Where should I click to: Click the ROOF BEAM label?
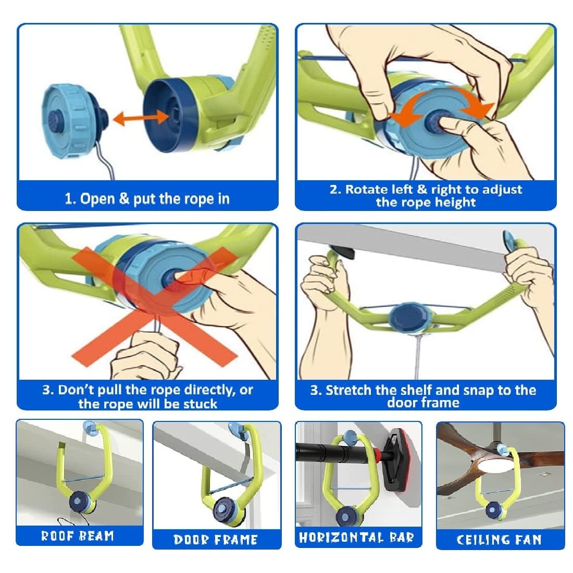[77, 535]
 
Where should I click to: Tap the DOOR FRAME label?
[216, 539]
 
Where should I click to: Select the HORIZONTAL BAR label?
[356, 537]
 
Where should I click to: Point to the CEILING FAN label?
[499, 539]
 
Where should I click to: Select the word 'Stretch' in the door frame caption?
[348, 390]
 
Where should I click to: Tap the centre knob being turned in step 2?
[435, 121]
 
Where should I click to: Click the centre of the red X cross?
[154, 303]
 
